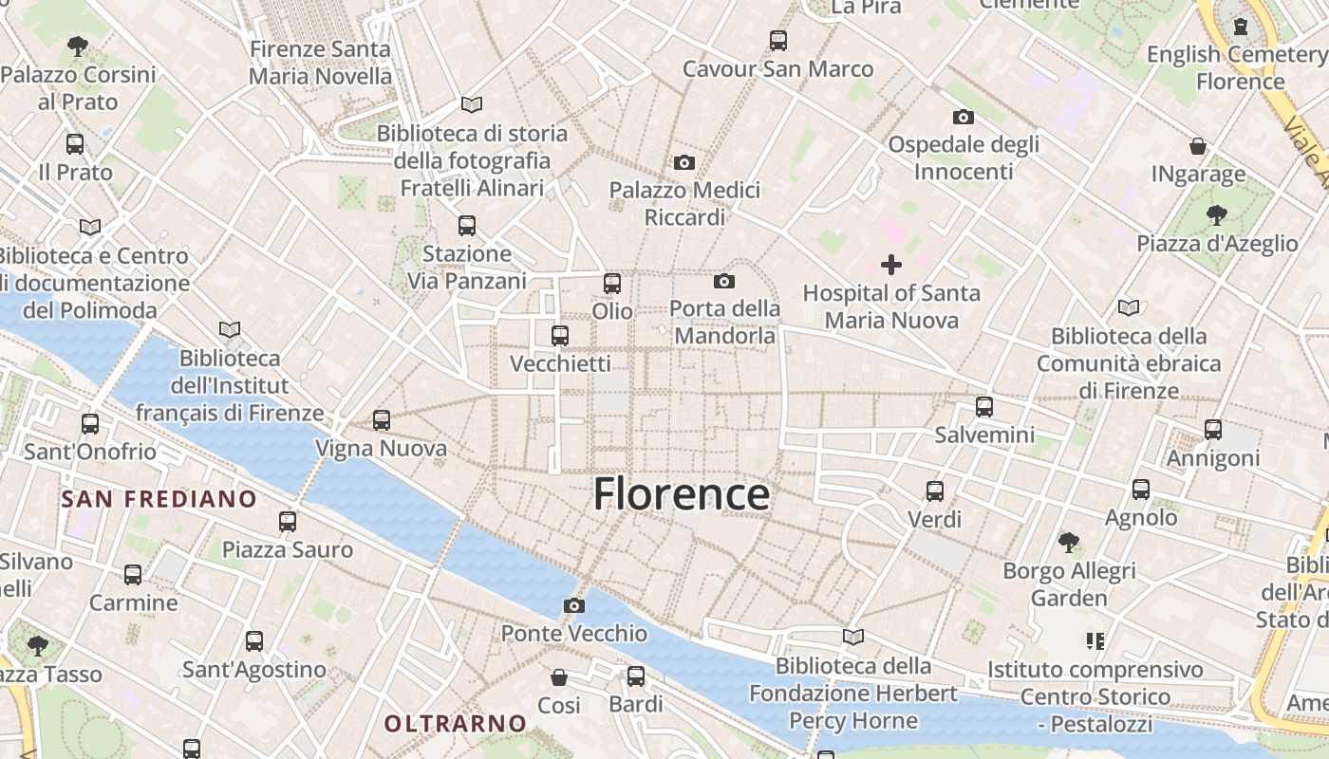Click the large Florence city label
click(682, 494)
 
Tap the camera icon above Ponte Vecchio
click(574, 605)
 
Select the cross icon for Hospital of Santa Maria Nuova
click(891, 265)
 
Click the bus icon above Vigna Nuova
click(382, 419)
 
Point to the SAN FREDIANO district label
click(159, 499)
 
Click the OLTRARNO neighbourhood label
click(455, 723)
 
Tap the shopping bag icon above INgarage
click(1198, 146)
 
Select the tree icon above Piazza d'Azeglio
click(1217, 215)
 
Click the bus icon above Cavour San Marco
click(778, 40)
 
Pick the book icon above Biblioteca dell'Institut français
click(229, 329)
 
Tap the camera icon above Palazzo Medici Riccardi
click(684, 162)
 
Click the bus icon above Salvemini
click(984, 407)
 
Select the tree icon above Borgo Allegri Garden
click(1069, 543)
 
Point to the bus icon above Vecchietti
click(560, 335)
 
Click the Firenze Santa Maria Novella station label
click(320, 63)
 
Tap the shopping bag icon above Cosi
click(559, 677)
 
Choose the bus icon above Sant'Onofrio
click(90, 423)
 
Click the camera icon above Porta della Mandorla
click(724, 281)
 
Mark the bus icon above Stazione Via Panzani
click(467, 226)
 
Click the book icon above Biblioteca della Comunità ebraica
click(1129, 307)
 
